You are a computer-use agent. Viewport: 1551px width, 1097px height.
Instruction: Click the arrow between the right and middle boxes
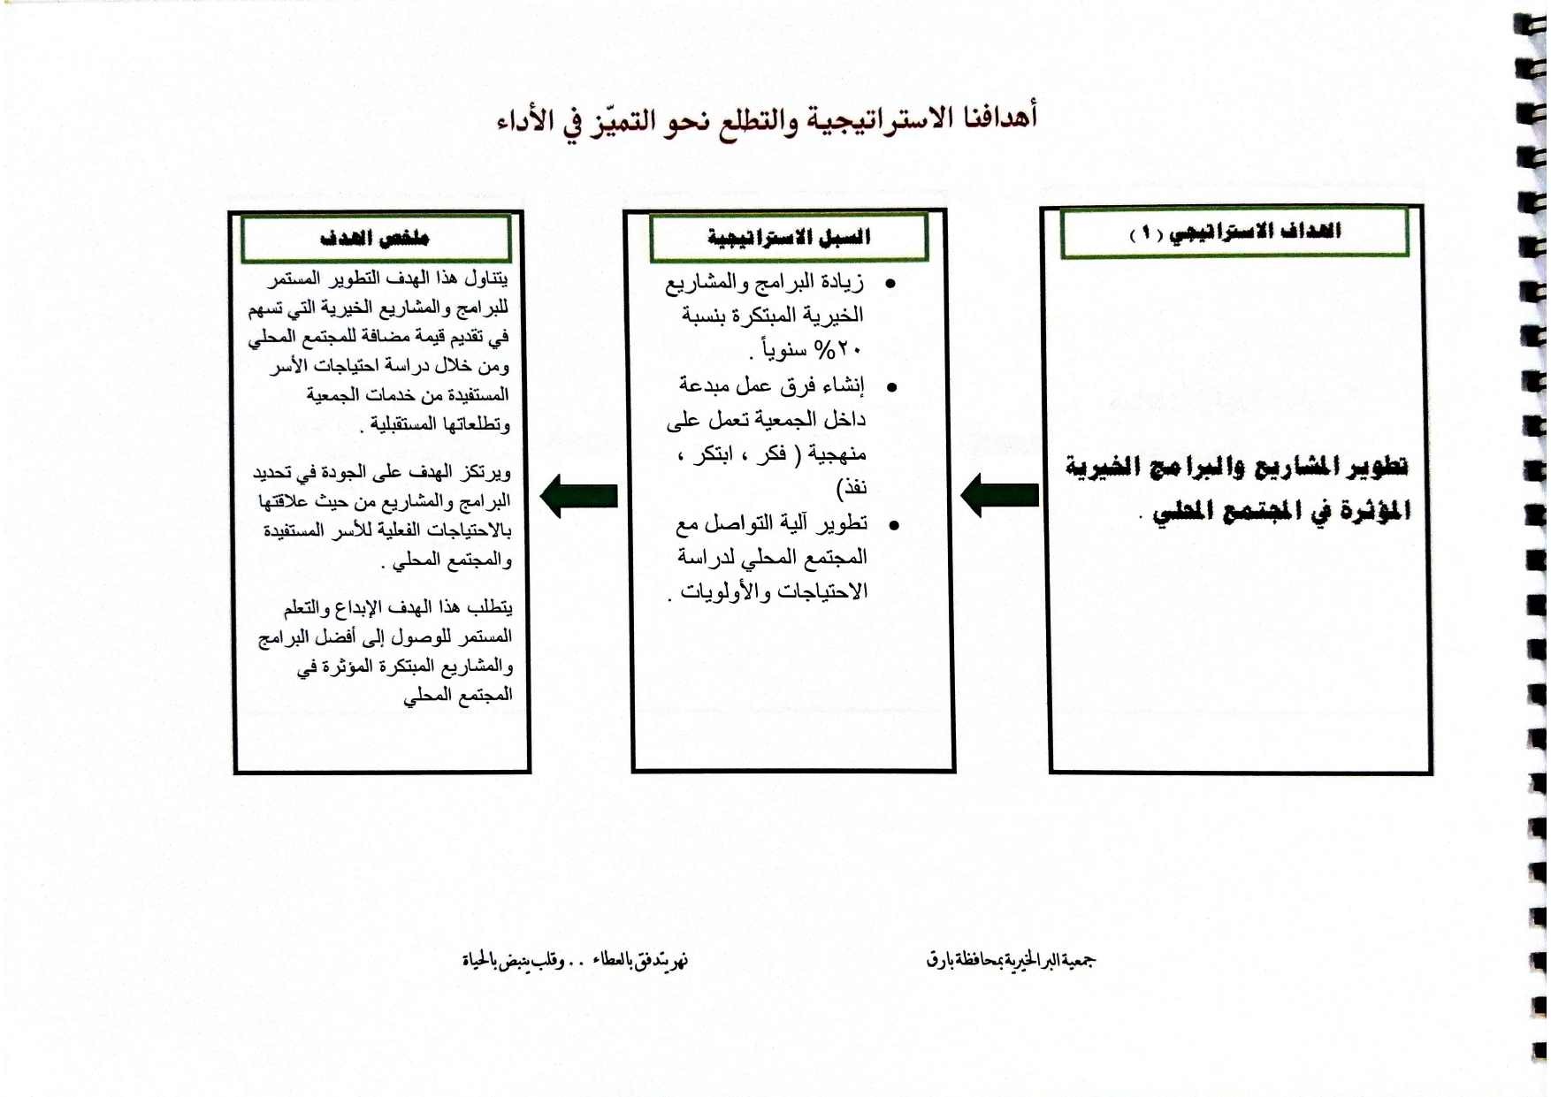click(999, 495)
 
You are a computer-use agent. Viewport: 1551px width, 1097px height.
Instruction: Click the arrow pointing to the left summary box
click(578, 495)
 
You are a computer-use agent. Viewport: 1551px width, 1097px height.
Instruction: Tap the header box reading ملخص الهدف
click(375, 238)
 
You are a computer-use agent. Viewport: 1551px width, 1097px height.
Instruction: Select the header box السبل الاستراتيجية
click(788, 237)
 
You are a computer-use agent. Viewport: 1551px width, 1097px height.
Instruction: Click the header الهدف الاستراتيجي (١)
click(1234, 232)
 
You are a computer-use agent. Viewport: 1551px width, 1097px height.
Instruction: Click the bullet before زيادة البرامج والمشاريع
click(890, 284)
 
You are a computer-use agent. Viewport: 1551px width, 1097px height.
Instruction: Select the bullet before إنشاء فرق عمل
click(890, 386)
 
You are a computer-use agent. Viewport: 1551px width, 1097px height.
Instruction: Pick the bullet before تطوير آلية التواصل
click(893, 525)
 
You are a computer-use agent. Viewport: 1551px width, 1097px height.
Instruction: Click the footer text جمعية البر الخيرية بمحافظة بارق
click(1012, 959)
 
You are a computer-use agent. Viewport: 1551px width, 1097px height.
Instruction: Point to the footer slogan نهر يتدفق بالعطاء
click(641, 960)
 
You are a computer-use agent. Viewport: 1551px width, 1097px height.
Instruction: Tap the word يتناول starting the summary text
click(486, 278)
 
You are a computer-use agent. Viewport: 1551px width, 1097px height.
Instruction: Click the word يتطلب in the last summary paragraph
click(489, 607)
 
